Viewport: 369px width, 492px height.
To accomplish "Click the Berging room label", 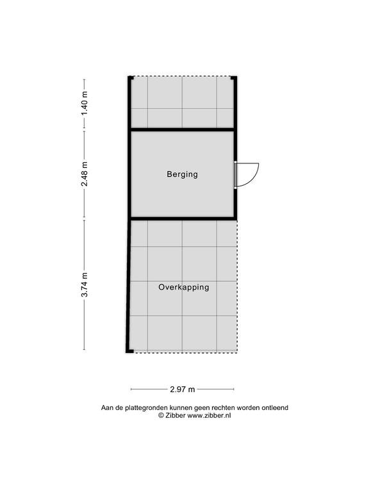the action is click(183, 174).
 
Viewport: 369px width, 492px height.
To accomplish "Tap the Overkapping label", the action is click(184, 287).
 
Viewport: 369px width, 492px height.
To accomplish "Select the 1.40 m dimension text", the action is click(85, 103).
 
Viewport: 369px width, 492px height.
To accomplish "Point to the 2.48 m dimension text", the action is click(85, 174).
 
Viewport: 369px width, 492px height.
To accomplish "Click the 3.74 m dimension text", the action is click(85, 284).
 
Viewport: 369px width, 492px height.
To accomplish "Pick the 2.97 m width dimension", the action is click(183, 389).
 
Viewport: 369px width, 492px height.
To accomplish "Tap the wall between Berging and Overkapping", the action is click(183, 218).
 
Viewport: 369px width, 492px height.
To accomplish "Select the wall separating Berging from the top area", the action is click(183, 129).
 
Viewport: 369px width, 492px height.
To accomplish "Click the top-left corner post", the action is click(131, 78).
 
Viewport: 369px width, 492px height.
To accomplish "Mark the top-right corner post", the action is click(234, 78).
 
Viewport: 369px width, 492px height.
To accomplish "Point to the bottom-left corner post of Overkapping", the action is click(129, 351).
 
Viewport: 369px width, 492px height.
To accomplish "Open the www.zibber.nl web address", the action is click(209, 415).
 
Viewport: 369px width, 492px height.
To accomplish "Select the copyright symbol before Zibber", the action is click(161, 415).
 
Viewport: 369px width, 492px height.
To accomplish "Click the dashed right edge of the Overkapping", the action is click(237, 286).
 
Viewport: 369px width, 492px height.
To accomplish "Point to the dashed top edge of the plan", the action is click(183, 77).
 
